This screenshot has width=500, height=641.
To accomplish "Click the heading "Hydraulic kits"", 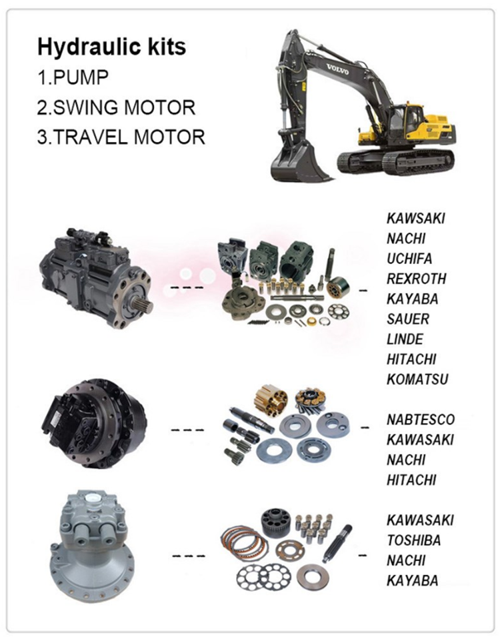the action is pos(111,47).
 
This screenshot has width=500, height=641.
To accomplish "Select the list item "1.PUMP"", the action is pos(73,77).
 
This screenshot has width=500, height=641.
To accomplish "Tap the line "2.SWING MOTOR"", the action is pos(117,107).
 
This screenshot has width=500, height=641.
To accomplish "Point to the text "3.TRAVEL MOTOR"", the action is pos(121,137).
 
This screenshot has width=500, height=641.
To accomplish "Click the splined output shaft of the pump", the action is pos(144,305).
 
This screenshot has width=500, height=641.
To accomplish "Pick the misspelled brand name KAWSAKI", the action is pos(415,218).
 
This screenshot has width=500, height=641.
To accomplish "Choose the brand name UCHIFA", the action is pos(409,258).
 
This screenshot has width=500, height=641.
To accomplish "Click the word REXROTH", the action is pos(416,279).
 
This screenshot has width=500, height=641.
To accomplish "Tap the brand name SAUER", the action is pos(408,319).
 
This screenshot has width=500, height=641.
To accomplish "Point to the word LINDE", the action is pos(405,339).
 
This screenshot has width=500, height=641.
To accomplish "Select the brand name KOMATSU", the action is pos(417,379).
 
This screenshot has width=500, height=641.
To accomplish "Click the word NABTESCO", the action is pos(421,420).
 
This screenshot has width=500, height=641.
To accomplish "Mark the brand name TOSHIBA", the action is pos(413,540).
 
